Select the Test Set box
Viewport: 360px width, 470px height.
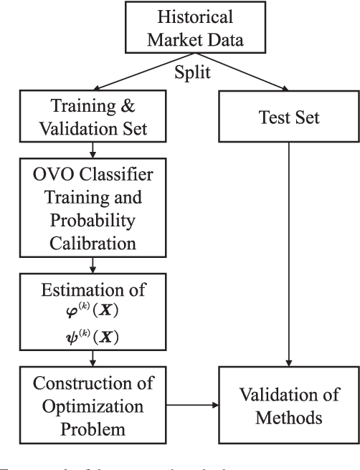pyautogui.click(x=288, y=117)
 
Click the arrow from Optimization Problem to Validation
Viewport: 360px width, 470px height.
pyautogui.click(x=192, y=406)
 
